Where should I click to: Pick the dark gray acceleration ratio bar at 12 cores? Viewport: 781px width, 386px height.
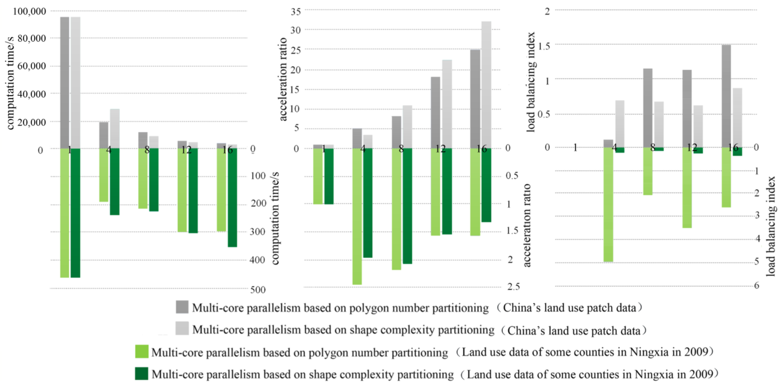[435, 112]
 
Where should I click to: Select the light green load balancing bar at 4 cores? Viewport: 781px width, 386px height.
[608, 205]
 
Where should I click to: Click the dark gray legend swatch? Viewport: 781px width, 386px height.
[182, 307]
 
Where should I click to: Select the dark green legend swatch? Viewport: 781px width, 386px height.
[142, 374]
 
